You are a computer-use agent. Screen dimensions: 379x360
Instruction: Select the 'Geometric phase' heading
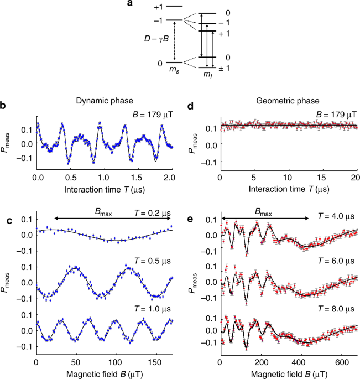point(286,102)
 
